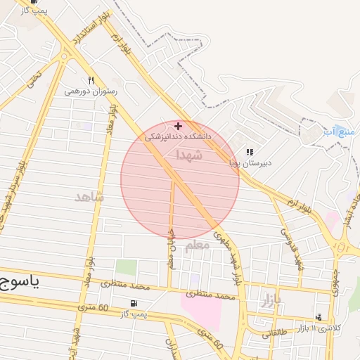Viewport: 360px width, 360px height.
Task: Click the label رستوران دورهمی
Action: pyautogui.click(x=91, y=91)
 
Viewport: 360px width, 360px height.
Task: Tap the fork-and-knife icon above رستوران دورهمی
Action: pyautogui.click(x=91, y=80)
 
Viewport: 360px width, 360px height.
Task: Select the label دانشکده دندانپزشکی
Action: pyautogui.click(x=178, y=137)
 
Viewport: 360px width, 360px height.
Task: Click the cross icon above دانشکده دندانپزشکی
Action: pyautogui.click(x=178, y=126)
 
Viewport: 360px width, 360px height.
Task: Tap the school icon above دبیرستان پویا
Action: pyautogui.click(x=250, y=152)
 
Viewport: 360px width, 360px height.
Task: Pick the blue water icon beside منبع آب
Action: pyautogui.click(x=328, y=131)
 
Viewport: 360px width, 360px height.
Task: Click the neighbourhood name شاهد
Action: pyautogui.click(x=89, y=197)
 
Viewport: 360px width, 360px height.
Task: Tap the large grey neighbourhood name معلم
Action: pyautogui.click(x=197, y=245)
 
